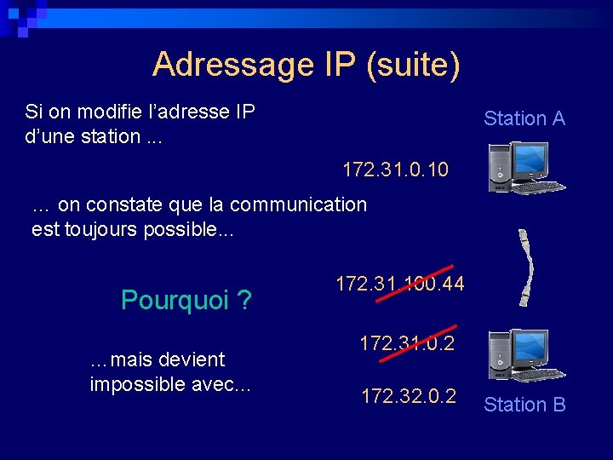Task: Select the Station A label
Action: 524,118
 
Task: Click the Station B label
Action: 524,405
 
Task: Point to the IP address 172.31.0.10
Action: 395,170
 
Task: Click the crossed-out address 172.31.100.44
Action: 400,284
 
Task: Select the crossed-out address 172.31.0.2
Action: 407,343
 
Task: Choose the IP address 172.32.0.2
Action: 409,396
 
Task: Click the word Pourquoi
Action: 175,300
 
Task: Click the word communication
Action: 298,204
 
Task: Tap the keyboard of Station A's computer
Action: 536,187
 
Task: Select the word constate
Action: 116,204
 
